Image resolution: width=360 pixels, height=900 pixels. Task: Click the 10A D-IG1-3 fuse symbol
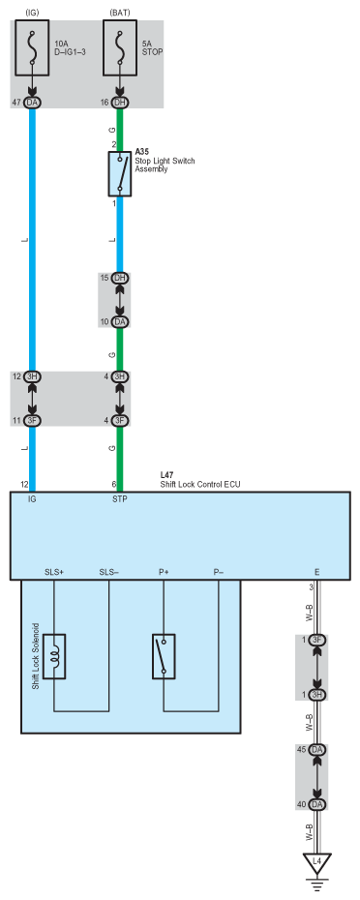[x=32, y=47]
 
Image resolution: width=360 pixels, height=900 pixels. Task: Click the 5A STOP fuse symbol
[x=120, y=47]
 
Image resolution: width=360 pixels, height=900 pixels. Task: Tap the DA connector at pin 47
[x=32, y=103]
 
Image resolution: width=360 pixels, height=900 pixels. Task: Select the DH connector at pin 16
[x=120, y=103]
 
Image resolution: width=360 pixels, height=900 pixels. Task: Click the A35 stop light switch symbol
[x=120, y=174]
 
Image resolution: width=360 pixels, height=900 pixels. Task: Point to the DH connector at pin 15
[x=120, y=278]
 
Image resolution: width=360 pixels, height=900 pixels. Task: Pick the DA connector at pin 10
[x=120, y=321]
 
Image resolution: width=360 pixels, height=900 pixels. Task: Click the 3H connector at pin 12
[x=32, y=376]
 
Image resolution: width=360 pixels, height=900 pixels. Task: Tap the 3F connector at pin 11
[x=32, y=420]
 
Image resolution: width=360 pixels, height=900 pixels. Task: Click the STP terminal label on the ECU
[x=120, y=499]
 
